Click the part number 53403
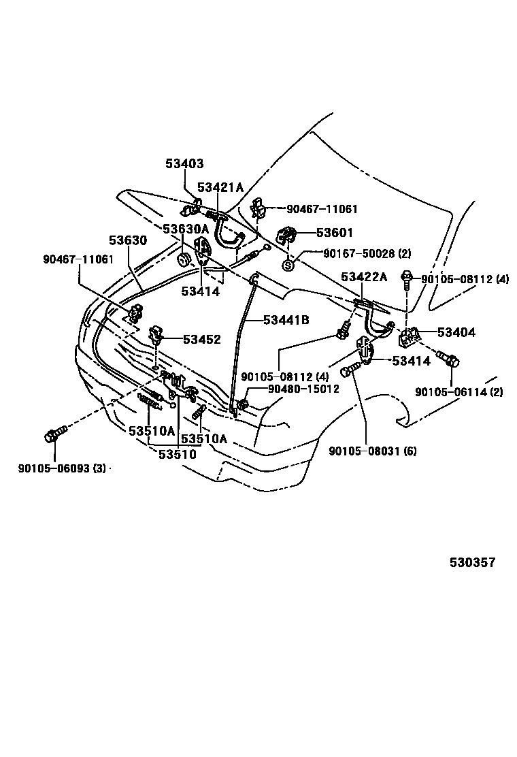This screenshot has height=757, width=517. (184, 164)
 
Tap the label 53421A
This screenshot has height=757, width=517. (220, 188)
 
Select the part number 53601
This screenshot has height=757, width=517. (335, 233)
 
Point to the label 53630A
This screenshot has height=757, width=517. (186, 229)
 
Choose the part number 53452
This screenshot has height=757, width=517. (201, 340)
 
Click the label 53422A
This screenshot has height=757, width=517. (364, 276)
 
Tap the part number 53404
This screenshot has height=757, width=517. (456, 332)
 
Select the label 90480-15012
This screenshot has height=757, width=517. (303, 389)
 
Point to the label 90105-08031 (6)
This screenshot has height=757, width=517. (372, 451)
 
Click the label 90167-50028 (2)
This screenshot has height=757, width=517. (367, 254)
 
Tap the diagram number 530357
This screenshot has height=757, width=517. (472, 563)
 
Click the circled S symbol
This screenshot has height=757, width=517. (288, 265)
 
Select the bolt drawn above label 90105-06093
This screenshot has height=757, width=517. (54, 434)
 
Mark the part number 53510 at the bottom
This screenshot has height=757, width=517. (178, 454)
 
